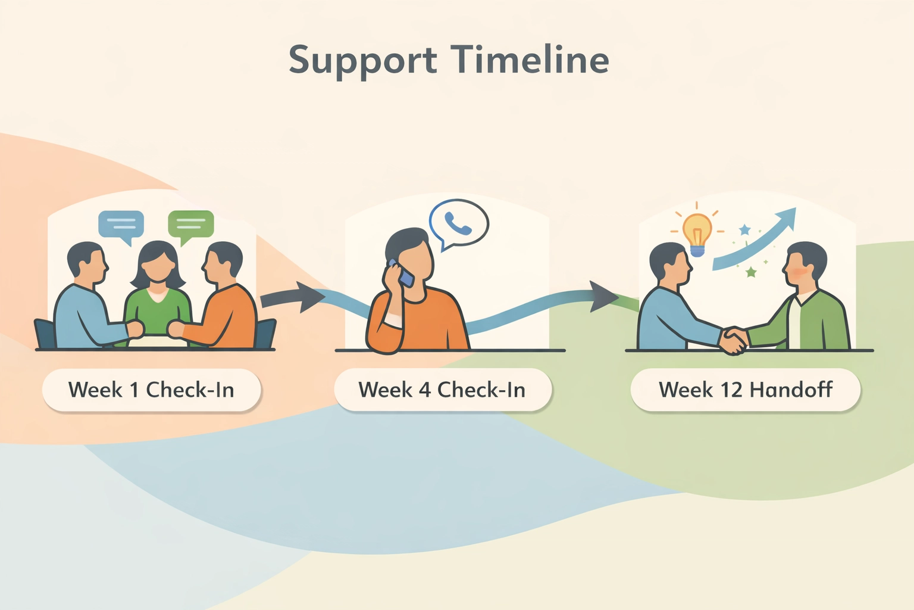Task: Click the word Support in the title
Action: [363, 61]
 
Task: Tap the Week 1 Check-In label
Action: [151, 390]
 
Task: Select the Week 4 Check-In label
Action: [442, 390]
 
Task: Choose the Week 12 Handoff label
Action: [745, 390]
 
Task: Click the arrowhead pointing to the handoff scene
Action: [603, 296]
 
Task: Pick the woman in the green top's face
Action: [158, 266]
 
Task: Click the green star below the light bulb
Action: [751, 272]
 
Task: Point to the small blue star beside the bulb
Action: [744, 229]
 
